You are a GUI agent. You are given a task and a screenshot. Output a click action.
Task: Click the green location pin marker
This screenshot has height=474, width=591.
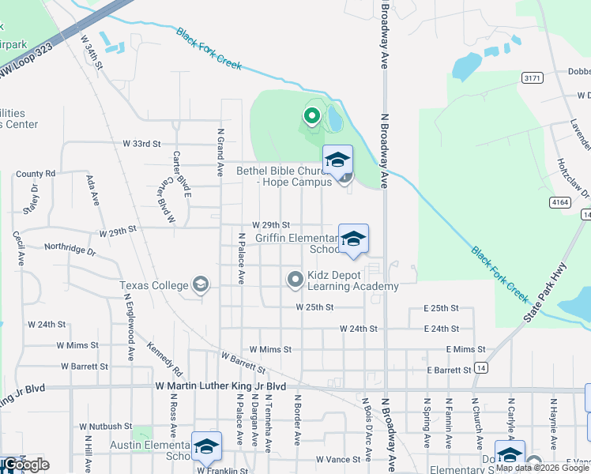click(311, 118)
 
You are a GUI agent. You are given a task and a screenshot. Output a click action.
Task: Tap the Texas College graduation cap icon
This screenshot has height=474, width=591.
click(201, 284)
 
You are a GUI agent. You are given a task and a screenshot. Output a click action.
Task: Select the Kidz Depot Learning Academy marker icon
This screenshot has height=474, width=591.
click(295, 279)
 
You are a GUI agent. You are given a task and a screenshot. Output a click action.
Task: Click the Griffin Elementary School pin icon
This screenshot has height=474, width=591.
click(353, 239)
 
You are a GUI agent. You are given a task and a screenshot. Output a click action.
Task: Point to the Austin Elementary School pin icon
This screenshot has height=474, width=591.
click(206, 446)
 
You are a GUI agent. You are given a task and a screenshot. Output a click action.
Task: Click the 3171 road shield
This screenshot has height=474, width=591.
click(531, 77)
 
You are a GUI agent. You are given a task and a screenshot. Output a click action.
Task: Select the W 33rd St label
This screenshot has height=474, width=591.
click(141, 144)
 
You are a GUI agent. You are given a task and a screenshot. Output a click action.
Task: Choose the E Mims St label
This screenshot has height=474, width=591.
click(465, 349)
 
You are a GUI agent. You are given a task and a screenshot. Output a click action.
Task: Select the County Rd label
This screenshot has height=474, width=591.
click(36, 173)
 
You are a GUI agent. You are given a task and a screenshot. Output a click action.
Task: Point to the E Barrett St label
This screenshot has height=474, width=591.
click(449, 370)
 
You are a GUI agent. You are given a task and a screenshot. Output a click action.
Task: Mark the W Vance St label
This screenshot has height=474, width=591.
click(337, 459)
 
